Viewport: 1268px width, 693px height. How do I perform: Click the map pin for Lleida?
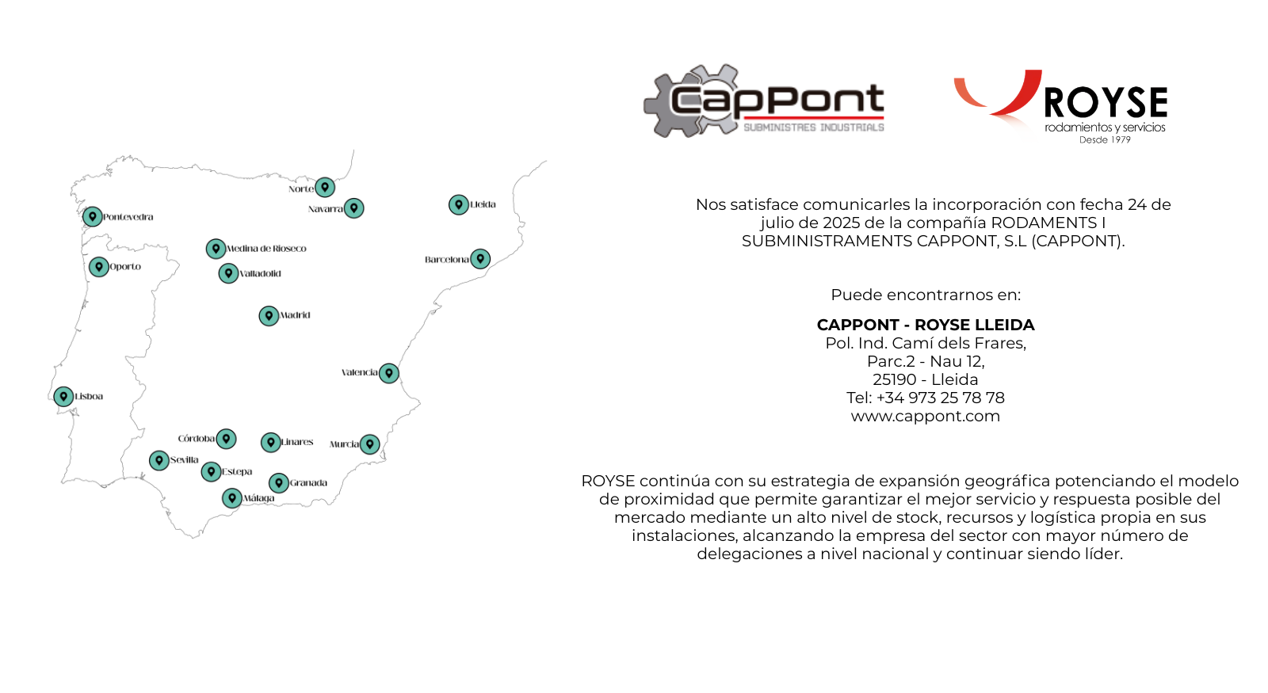(x=458, y=205)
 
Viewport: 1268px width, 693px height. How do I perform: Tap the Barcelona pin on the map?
(x=480, y=259)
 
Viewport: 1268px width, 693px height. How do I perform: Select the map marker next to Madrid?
(x=269, y=316)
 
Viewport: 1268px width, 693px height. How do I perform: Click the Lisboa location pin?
(x=63, y=397)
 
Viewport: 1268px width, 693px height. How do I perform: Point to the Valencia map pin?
(x=389, y=373)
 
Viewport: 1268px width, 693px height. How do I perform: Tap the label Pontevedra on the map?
(x=128, y=217)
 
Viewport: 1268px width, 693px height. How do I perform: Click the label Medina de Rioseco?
(x=266, y=249)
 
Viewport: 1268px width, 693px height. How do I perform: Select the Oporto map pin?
(x=98, y=267)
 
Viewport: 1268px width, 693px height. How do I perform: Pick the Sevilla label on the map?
(x=184, y=460)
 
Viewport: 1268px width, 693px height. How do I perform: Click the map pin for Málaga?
(x=231, y=498)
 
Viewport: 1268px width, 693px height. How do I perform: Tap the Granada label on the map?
(x=308, y=483)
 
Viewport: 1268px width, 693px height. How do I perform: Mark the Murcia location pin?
(x=370, y=444)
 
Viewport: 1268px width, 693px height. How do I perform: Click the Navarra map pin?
(x=354, y=208)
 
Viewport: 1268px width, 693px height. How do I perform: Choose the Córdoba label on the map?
(x=196, y=439)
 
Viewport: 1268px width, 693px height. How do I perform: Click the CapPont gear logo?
(x=764, y=102)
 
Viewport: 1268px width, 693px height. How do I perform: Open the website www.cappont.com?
(x=925, y=417)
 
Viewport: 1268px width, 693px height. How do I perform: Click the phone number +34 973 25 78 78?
(x=940, y=398)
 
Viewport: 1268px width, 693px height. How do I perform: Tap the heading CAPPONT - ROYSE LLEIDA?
(x=925, y=326)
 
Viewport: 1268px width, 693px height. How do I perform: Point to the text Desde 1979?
(x=1105, y=140)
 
